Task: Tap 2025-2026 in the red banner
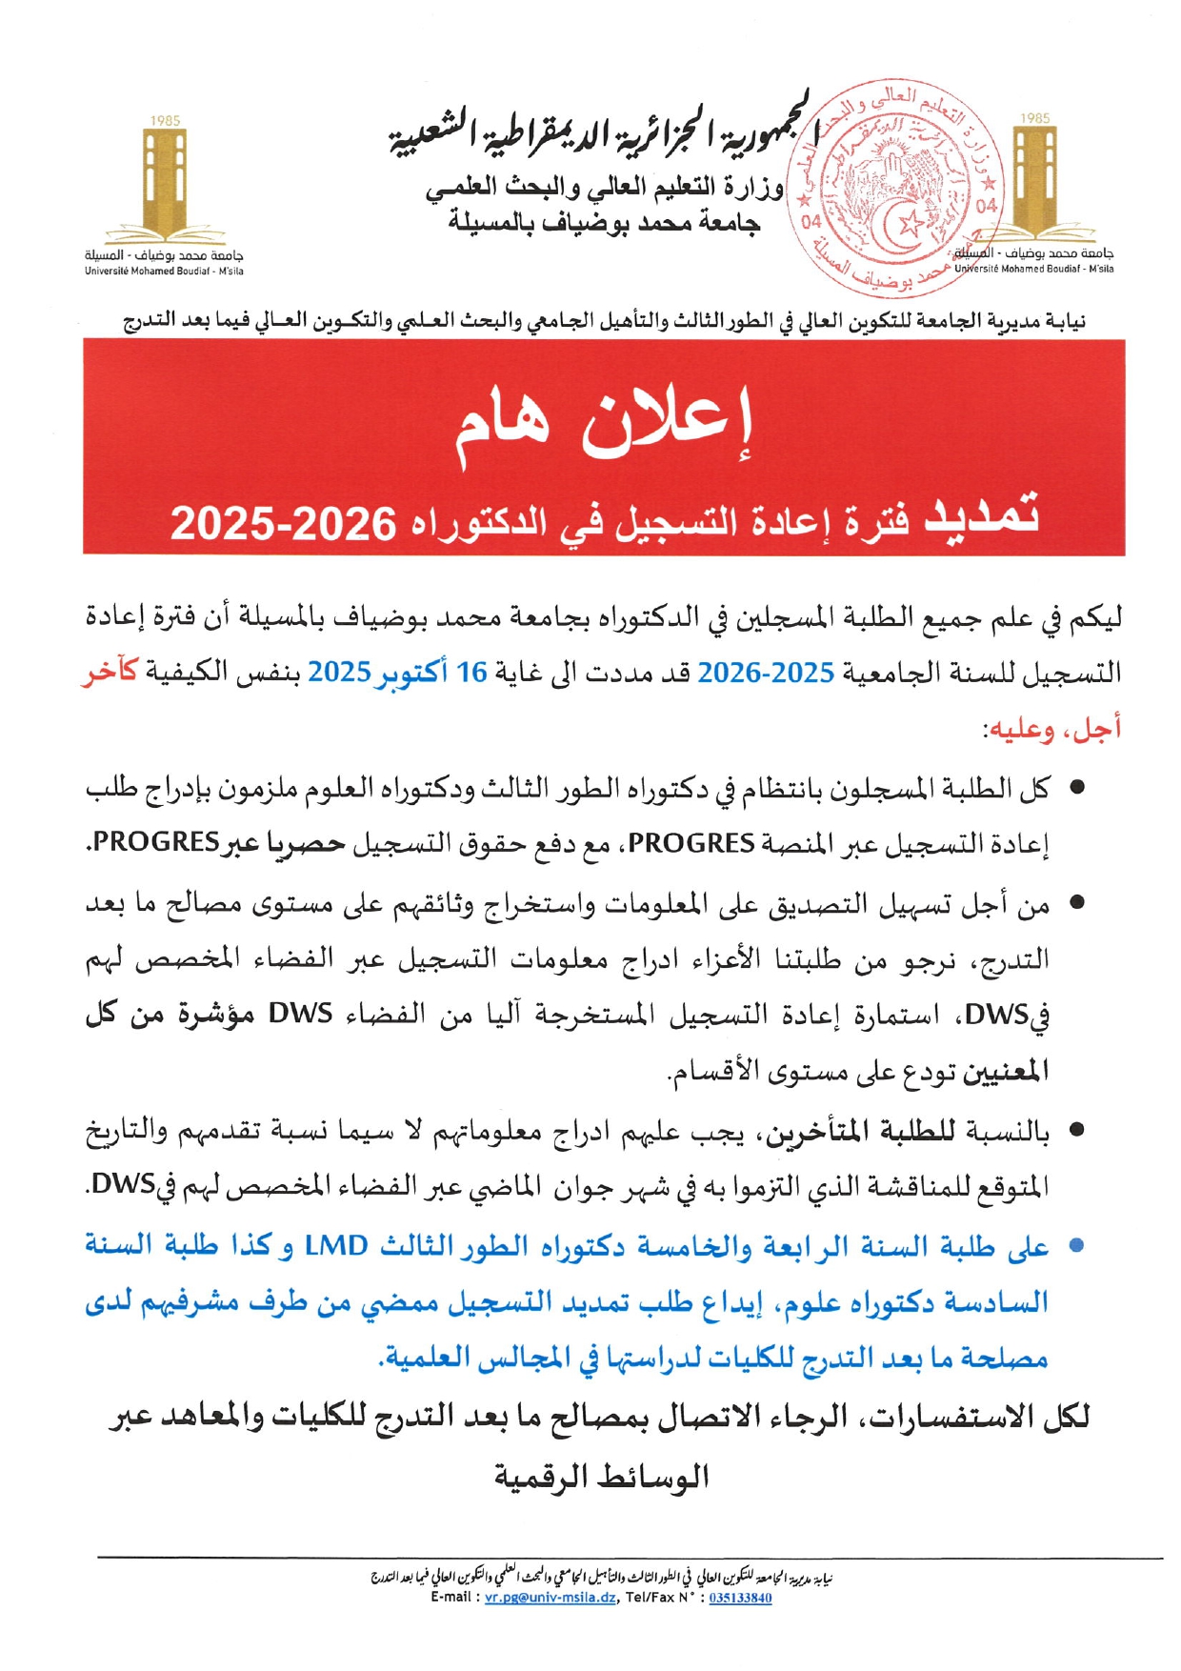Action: pos(283,523)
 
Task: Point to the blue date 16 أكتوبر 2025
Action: pos(397,673)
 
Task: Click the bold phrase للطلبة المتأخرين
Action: pos(866,1132)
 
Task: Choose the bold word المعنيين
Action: pos(1006,1072)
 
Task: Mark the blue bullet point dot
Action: pos(1076,1245)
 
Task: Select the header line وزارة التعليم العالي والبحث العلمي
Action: pos(604,189)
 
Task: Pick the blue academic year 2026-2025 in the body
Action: pos(766,673)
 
